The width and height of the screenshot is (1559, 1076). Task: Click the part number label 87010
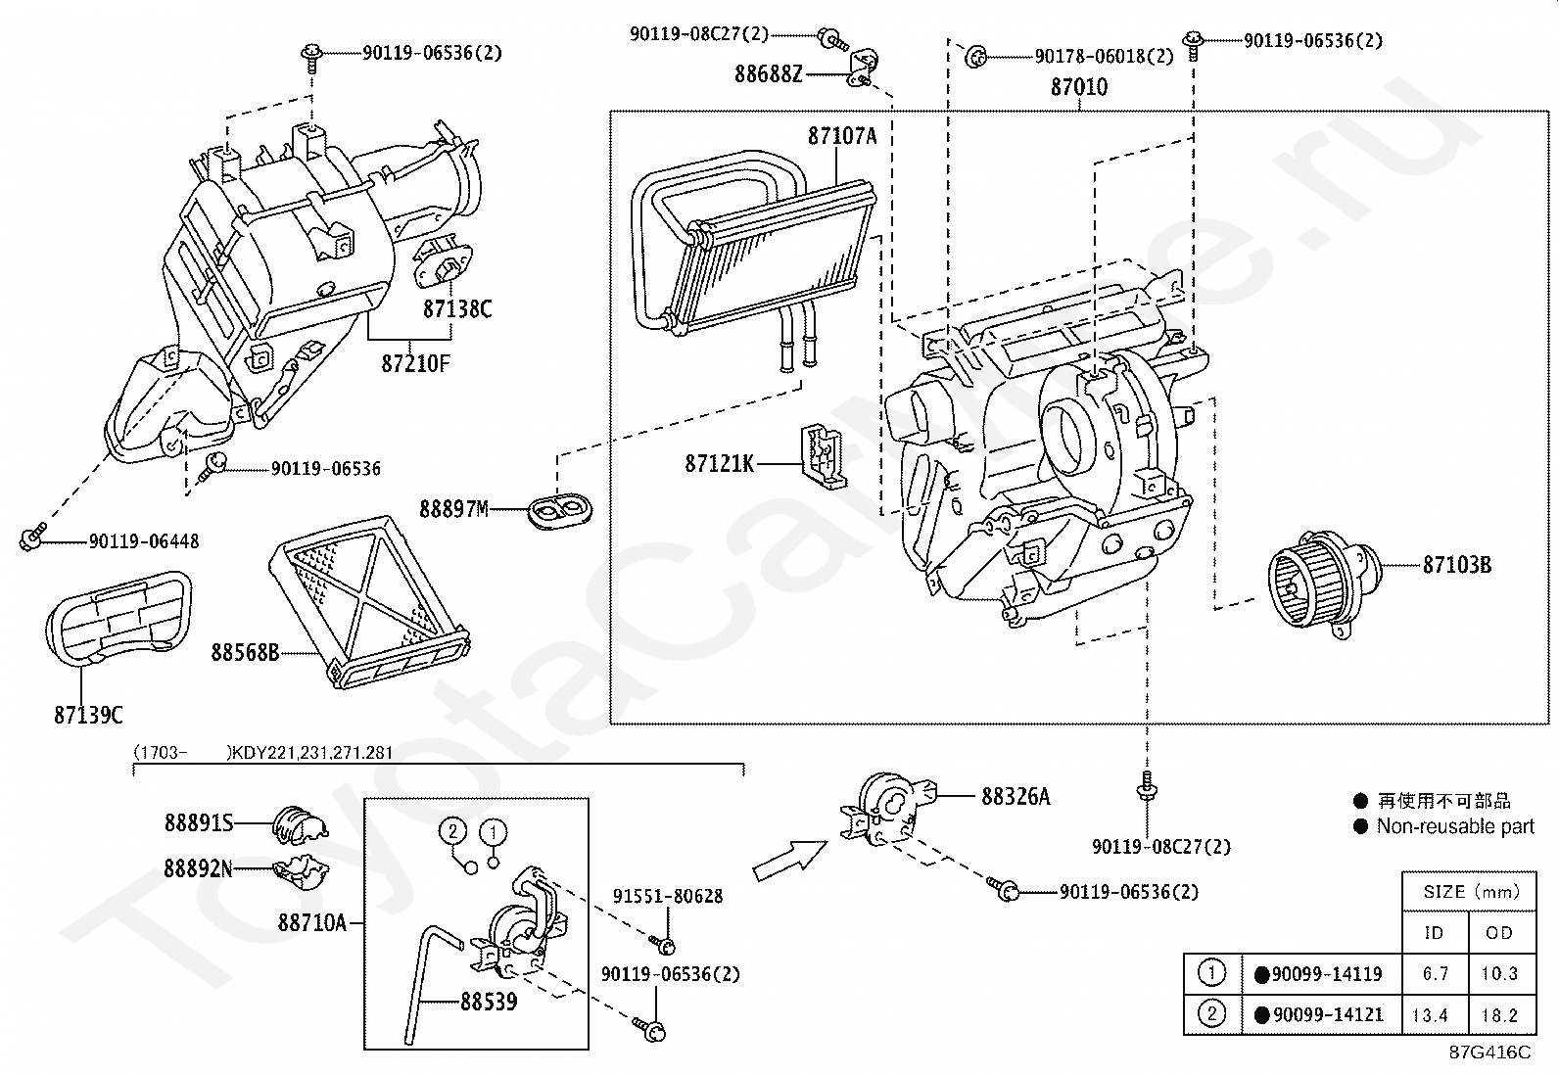click(x=1079, y=87)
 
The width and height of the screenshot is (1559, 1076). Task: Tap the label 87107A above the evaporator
click(x=842, y=136)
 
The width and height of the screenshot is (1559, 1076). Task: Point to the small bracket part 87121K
click(x=824, y=457)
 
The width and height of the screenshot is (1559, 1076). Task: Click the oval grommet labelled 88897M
click(x=560, y=511)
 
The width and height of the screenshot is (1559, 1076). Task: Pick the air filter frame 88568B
click(x=369, y=601)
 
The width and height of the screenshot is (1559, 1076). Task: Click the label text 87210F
click(x=415, y=363)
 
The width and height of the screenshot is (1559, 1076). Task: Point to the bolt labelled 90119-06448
click(x=32, y=538)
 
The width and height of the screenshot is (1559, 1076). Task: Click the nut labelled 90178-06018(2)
click(x=975, y=57)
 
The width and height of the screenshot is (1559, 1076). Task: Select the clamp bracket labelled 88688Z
click(x=863, y=68)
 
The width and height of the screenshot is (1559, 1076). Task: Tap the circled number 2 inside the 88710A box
click(x=453, y=831)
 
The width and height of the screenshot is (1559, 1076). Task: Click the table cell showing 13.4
click(x=1430, y=1015)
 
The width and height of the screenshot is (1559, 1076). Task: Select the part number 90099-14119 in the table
click(x=1327, y=974)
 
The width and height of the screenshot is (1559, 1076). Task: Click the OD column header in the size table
click(x=1499, y=933)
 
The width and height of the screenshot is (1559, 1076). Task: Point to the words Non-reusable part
click(x=1455, y=826)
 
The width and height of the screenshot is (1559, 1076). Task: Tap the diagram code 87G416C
click(x=1490, y=1052)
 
